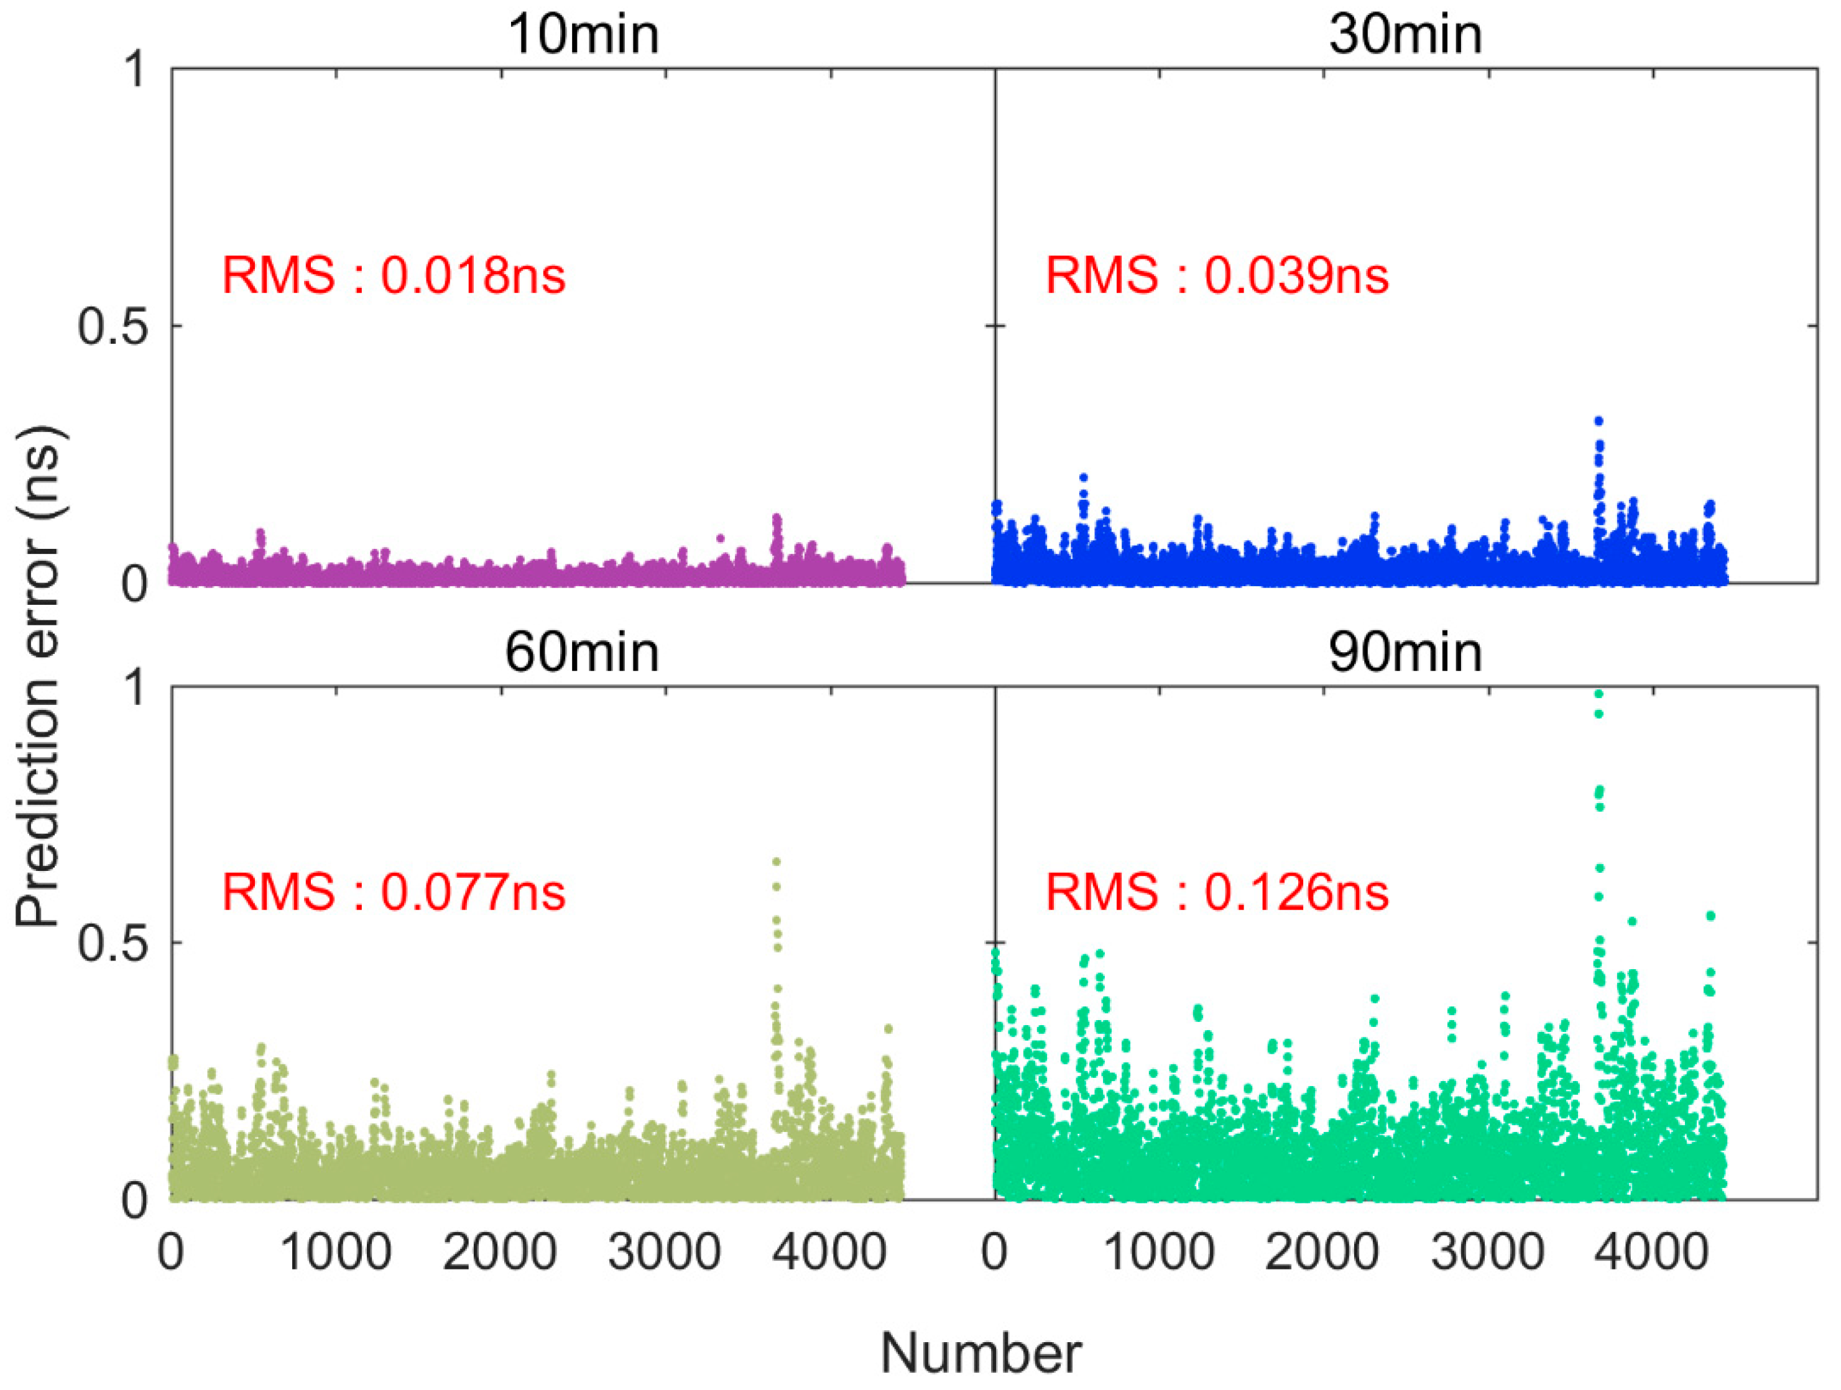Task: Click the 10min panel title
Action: (x=583, y=35)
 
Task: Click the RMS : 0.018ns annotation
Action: (x=393, y=275)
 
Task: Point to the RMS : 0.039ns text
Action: (x=1216, y=275)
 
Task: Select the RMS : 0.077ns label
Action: (x=393, y=892)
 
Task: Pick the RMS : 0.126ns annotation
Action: (x=1216, y=892)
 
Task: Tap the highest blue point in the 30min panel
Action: (x=1598, y=421)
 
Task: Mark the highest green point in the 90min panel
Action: (x=1598, y=693)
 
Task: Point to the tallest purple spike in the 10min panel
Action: (x=777, y=518)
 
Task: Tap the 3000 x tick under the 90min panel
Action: (x=1487, y=1252)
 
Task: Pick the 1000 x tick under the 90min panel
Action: (x=1158, y=1252)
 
